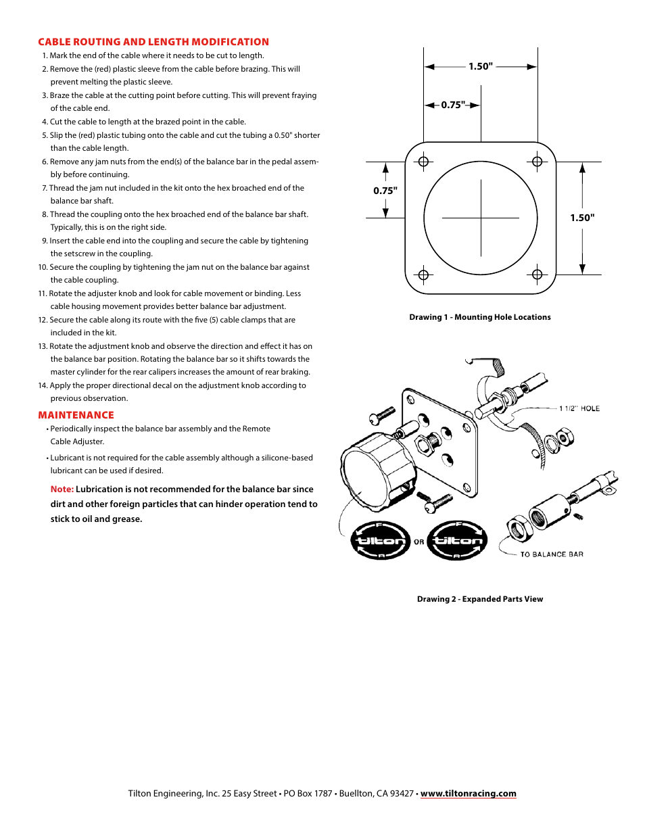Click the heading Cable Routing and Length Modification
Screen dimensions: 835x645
tap(153, 42)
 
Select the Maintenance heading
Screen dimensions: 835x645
tap(76, 415)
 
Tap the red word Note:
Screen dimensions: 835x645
tap(62, 489)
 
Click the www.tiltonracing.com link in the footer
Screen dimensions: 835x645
tap(468, 793)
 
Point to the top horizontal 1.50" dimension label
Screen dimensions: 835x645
tap(481, 66)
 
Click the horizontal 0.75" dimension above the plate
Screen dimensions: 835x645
tap(453, 105)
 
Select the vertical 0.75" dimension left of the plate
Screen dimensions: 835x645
tap(385, 191)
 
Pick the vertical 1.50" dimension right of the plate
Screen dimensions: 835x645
tap(582, 218)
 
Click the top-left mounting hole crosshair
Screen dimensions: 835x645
tap(424, 162)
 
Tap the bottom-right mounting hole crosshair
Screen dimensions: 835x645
tap(537, 275)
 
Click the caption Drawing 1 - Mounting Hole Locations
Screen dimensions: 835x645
tap(480, 317)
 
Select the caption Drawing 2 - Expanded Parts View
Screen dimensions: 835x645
tap(480, 599)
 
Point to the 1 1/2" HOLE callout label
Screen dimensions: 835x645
tap(579, 408)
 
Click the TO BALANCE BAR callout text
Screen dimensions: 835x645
tap(552, 554)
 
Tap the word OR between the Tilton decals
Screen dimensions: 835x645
tap(419, 542)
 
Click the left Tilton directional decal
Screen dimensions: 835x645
tap(381, 540)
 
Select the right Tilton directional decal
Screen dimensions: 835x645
tap(458, 540)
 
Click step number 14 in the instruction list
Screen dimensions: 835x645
tap(43, 385)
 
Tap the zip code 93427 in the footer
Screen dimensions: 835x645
tap(402, 793)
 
